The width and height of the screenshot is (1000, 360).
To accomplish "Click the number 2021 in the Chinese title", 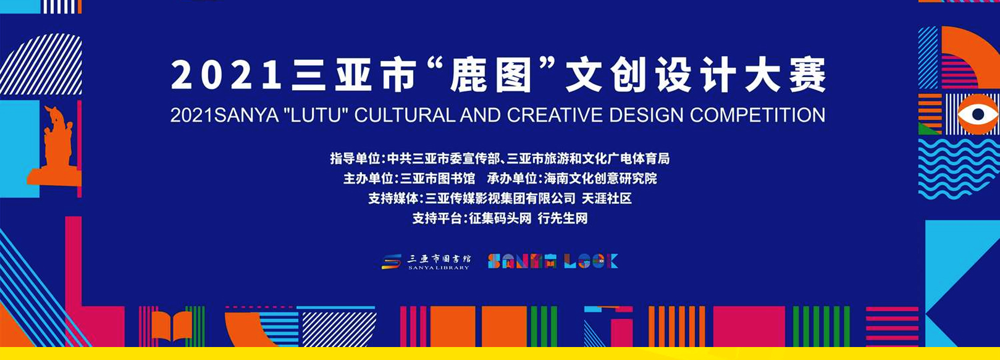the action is click(226, 77).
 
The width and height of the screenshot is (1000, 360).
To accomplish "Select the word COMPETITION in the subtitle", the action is click(758, 115).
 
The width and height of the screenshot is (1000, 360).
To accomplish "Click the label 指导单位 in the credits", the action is click(355, 158).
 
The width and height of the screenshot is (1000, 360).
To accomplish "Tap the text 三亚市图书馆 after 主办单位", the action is click(437, 178).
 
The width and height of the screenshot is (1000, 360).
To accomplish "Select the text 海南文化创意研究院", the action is click(600, 178).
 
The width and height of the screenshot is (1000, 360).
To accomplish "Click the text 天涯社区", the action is click(607, 198).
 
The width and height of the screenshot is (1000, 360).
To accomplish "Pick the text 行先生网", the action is click(563, 218).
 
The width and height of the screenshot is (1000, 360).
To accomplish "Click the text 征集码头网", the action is click(500, 218).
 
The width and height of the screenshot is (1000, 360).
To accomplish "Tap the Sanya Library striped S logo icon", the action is click(392, 261).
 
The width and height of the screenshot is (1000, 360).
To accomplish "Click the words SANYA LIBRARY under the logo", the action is click(439, 267).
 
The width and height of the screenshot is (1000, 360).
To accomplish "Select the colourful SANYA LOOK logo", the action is click(553, 261).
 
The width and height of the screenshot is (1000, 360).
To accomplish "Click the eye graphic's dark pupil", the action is click(978, 114).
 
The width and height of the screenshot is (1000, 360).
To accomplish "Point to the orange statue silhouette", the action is click(56, 147).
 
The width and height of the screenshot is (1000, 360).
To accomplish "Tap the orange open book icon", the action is click(172, 325).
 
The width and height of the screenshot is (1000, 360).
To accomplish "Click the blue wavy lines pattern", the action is click(959, 168).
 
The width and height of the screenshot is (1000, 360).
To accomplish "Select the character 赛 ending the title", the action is click(807, 77).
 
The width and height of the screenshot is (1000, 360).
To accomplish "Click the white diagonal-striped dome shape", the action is click(41, 64).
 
